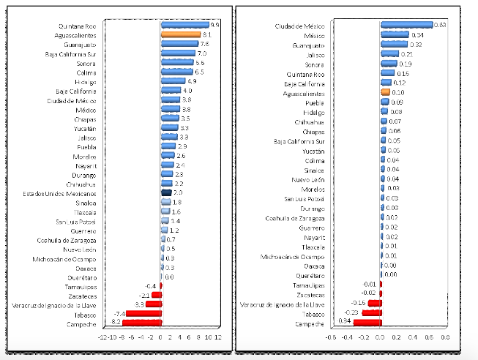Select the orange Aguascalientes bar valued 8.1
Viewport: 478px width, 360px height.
(x=180, y=34)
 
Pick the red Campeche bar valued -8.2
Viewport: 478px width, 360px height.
(x=141, y=323)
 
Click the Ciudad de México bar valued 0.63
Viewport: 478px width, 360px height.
(x=406, y=25)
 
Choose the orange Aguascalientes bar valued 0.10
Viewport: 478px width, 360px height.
(x=386, y=93)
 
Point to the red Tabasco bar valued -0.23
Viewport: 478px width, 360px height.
(x=371, y=313)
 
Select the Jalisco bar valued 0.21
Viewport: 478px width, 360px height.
(x=389, y=54)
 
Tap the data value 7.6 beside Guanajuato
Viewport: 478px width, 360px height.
(x=204, y=44)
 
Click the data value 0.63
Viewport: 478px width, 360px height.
(x=441, y=25)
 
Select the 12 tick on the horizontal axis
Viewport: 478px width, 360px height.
(x=218, y=338)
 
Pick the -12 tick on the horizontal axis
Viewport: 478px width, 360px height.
(x=102, y=338)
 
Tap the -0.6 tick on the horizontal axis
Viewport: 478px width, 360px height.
(x=331, y=338)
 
